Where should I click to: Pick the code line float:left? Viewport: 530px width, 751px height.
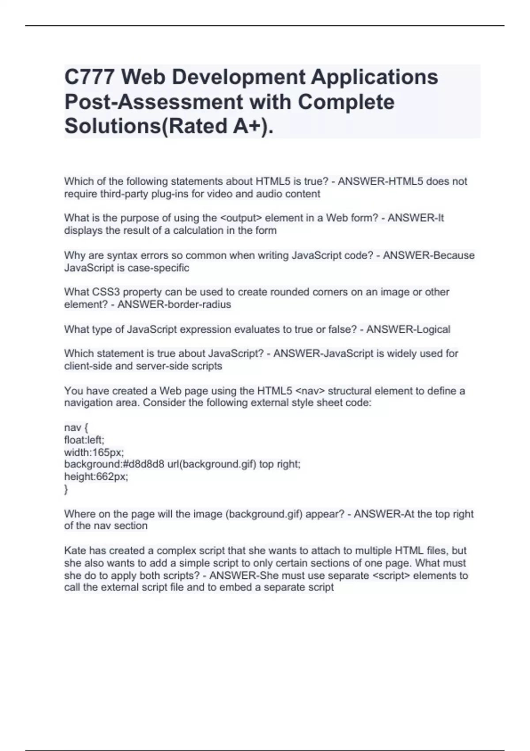(84, 440)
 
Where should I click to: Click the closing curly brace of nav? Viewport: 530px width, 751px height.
(66, 489)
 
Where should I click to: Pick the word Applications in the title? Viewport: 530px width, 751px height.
(375, 77)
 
